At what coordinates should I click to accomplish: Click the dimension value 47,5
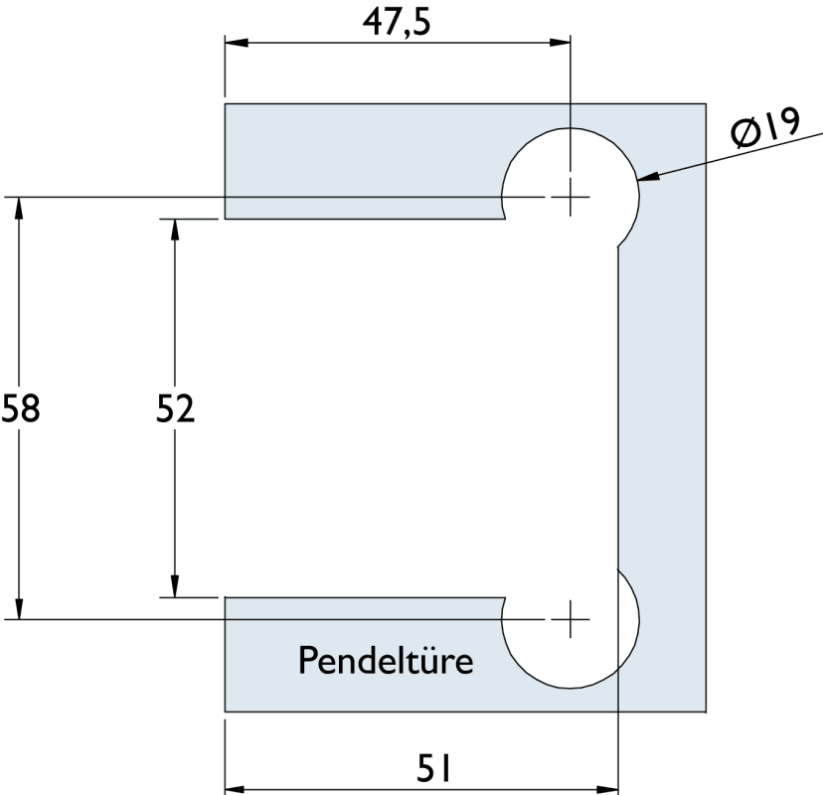398,22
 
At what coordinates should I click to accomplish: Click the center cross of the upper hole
571,197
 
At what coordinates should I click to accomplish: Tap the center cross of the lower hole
571,619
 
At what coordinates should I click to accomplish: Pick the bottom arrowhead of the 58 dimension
19,610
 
